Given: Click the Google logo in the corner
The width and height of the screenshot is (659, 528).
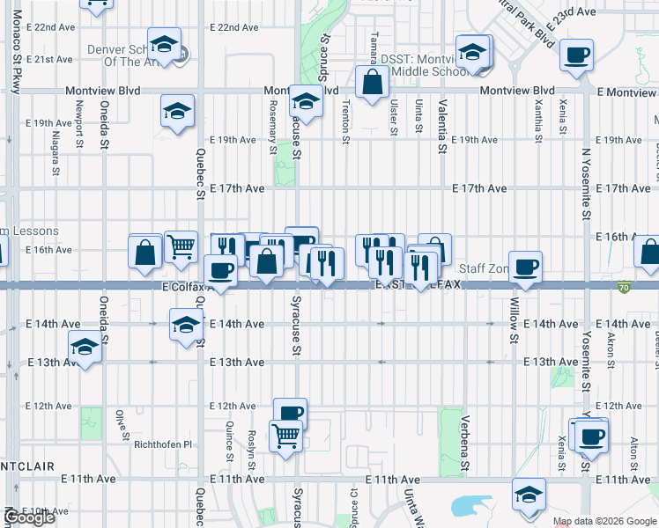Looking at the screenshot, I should (29, 517).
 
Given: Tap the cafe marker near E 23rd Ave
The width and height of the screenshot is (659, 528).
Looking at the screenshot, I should (577, 55).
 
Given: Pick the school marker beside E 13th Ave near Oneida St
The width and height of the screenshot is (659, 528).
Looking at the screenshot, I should (85, 348).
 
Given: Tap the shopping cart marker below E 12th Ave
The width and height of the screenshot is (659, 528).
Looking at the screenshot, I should (286, 436).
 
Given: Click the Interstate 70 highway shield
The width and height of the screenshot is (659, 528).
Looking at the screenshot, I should (625, 287).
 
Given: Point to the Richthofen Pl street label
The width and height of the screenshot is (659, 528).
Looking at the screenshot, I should (162, 444).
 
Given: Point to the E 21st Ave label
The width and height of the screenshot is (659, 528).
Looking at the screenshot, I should (49, 60).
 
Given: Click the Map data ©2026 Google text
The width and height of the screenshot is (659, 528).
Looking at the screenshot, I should (604, 521).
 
